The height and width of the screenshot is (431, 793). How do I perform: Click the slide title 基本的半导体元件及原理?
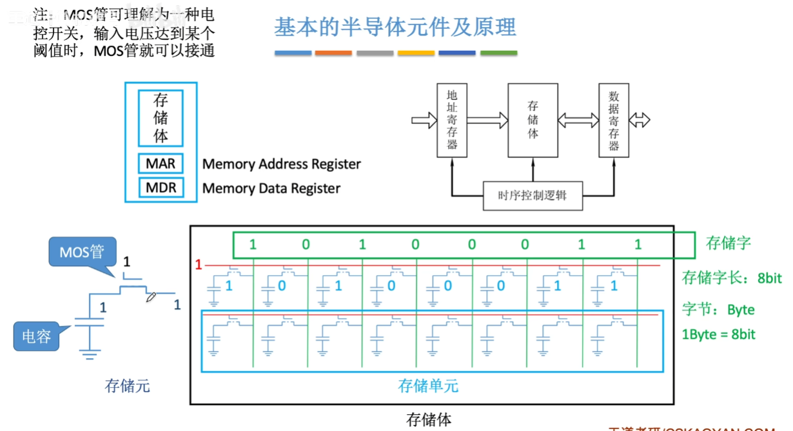[395, 28]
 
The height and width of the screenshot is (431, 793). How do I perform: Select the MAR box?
[161, 164]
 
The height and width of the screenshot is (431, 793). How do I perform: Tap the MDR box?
[161, 188]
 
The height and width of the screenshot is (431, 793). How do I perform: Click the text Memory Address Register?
[281, 164]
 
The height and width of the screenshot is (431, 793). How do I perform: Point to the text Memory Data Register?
[271, 189]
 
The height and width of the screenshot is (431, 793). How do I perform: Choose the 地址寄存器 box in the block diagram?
[452, 120]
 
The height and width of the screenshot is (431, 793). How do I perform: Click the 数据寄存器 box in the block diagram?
[613, 120]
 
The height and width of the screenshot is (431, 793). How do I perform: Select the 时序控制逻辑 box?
[533, 195]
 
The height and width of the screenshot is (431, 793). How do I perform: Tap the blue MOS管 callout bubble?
[81, 251]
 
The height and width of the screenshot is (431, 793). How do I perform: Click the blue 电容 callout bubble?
[36, 336]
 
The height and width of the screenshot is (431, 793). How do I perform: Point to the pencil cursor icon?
[152, 296]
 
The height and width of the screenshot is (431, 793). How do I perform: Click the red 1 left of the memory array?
[199, 265]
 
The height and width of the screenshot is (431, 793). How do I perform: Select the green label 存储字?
[729, 244]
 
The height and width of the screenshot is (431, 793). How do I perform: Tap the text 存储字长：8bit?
[731, 278]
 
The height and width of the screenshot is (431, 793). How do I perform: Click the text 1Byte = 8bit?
[718, 334]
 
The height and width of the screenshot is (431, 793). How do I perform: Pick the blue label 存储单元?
[428, 386]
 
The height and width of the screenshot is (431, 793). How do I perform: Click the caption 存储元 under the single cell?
[127, 386]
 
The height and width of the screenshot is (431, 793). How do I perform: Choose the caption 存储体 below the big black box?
[429, 420]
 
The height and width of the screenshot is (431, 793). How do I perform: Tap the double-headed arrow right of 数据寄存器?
[640, 120]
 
